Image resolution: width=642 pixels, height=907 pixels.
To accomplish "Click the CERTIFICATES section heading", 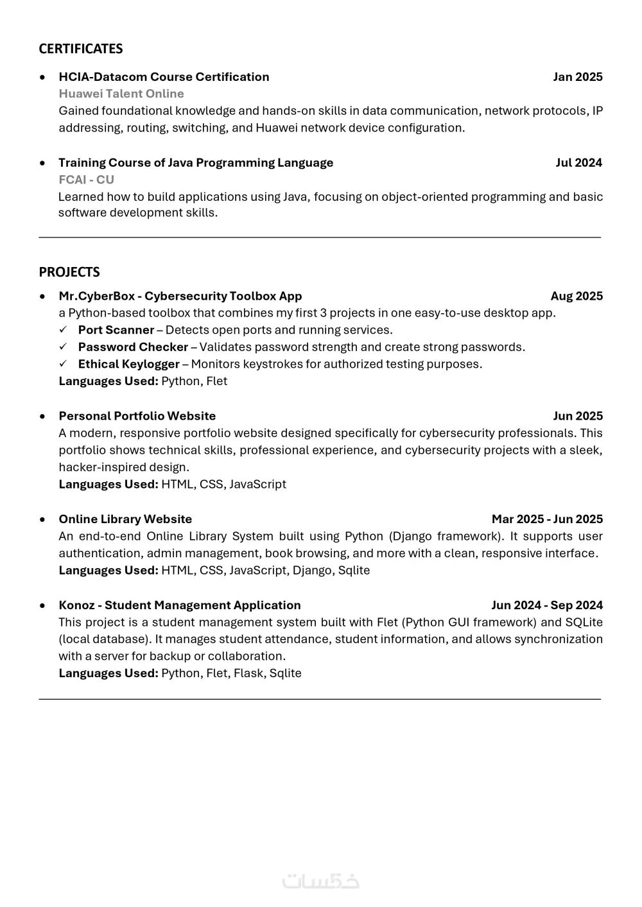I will click(x=80, y=49).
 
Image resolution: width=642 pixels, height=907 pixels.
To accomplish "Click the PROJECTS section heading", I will click(x=69, y=272).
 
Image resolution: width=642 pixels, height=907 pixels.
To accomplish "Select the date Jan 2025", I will click(x=578, y=77).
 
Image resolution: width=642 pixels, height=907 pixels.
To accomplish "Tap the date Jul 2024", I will click(x=578, y=162).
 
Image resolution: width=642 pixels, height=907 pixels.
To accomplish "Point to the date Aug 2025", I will click(x=577, y=296).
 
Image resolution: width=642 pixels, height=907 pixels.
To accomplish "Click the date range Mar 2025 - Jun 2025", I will click(x=547, y=519).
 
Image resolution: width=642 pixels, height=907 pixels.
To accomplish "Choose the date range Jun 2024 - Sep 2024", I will click(x=547, y=605).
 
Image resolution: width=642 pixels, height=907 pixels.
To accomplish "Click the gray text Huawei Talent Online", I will click(x=121, y=94).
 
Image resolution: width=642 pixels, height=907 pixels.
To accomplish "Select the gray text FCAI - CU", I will click(x=86, y=180).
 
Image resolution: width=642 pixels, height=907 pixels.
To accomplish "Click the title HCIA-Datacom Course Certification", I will click(x=164, y=77).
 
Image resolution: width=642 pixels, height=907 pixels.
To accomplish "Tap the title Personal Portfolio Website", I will click(x=137, y=416).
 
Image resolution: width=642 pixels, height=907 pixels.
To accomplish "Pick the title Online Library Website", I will click(x=125, y=519).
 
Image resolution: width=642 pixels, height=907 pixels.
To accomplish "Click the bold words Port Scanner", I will click(x=116, y=330).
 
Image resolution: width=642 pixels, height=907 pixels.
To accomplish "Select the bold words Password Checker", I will click(x=133, y=347).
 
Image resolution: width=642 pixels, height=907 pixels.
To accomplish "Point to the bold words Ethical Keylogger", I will click(x=128, y=364).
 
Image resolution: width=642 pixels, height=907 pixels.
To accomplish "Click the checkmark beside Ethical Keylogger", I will click(x=64, y=364).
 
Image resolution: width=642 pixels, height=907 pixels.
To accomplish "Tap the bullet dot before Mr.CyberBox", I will click(x=42, y=297).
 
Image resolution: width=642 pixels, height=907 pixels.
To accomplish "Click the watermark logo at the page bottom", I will click(x=320, y=881).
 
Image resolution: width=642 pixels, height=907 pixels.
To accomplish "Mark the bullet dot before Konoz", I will click(x=42, y=605).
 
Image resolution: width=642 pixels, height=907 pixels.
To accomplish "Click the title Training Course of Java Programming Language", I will click(x=196, y=162).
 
